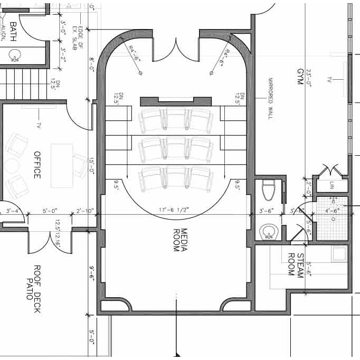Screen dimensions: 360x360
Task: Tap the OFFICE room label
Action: pos(37,165)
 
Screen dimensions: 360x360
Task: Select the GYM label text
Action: pos(300,80)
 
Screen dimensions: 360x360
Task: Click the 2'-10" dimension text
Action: pos(84,211)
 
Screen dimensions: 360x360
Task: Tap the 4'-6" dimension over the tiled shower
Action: pos(332,211)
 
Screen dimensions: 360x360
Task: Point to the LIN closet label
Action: pos(331,185)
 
